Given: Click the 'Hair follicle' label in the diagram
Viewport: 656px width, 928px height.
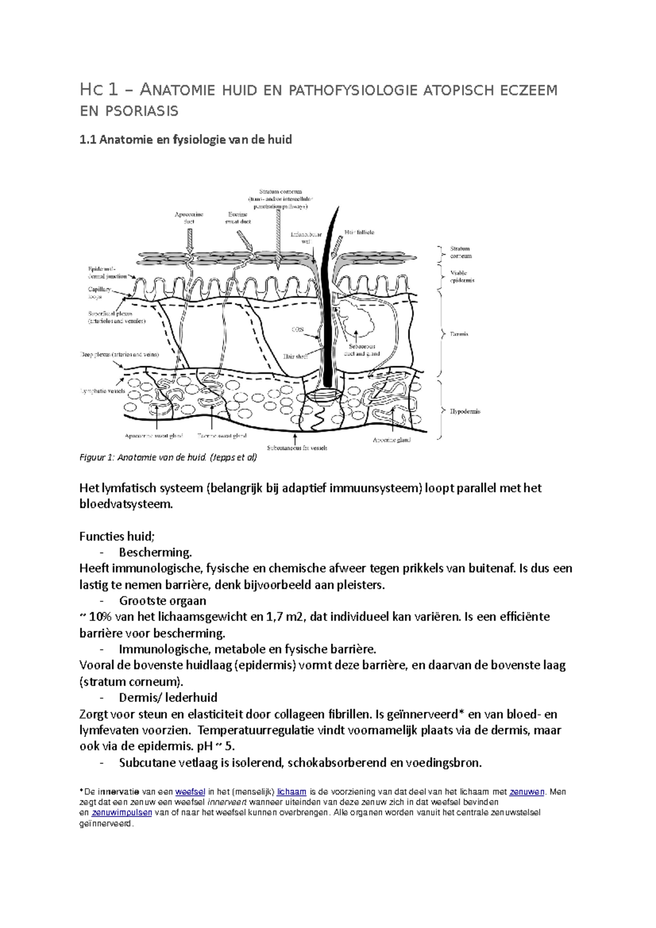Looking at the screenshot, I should coord(359,232).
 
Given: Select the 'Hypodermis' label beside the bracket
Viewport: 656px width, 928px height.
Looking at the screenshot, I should coord(465,412).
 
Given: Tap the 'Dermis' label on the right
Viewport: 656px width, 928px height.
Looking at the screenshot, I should coord(459,334).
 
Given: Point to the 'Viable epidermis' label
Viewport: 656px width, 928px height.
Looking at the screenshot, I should coord(462,277).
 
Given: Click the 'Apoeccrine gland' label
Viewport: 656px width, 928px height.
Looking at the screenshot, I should coord(391,440).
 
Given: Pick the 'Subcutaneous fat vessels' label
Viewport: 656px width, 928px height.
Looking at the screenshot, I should coord(297,448).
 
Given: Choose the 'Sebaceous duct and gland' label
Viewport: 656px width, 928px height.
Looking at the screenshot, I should coord(362,350).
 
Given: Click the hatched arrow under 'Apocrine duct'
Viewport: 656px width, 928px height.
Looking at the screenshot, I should coord(190,240).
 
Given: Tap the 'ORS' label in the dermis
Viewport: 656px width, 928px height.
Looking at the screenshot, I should coord(297,330).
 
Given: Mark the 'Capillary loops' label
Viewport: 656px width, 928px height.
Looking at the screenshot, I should coord(99,293).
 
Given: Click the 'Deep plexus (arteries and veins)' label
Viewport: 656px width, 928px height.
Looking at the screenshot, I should coord(119,355).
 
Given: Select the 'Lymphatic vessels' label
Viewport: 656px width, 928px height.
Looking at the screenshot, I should coord(102,391).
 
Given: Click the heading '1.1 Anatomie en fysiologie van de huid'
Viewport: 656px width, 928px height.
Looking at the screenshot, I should coord(185,140).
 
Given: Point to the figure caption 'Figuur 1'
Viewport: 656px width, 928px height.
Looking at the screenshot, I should coord(168,458).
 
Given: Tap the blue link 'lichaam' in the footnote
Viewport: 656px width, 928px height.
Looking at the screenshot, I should coord(291,792).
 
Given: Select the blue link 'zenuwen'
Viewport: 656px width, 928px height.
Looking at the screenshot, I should coord(527,792).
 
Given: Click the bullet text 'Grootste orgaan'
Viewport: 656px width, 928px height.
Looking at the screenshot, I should coord(162,601).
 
